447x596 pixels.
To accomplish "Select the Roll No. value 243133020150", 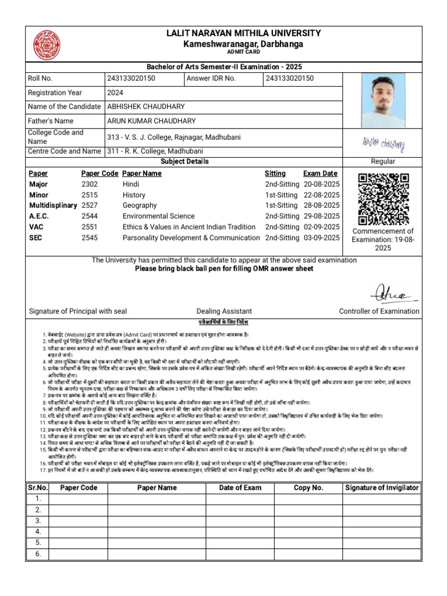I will tap(131, 79).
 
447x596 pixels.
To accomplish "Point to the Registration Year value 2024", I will tap(115, 93).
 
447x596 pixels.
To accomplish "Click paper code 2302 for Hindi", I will tap(90, 185).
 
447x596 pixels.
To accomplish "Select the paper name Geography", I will tap(140, 205).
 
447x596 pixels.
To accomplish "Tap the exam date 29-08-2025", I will tap(321, 217).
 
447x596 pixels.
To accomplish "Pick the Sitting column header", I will tap(275, 173).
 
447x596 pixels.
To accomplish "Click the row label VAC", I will tap(37, 227).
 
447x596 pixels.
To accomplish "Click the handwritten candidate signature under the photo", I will tap(382, 143).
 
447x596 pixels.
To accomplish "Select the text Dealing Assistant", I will tap(224, 311).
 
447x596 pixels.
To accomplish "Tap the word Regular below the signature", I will tap(382, 161).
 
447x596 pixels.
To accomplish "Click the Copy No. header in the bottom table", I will tap(308, 488).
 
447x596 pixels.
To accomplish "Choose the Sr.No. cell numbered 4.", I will tap(38, 532).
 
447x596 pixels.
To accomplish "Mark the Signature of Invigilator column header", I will tap(381, 488).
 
